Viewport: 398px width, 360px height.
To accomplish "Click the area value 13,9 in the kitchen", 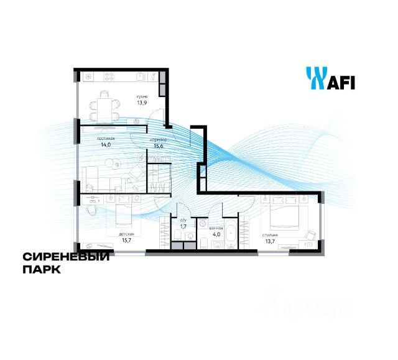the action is point(142,103).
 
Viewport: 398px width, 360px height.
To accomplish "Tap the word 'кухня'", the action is point(142,96).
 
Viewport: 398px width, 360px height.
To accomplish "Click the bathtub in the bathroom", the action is point(231,236).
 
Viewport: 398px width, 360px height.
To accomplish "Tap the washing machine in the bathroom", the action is point(202,224).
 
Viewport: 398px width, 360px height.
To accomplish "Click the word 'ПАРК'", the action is point(42,270).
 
